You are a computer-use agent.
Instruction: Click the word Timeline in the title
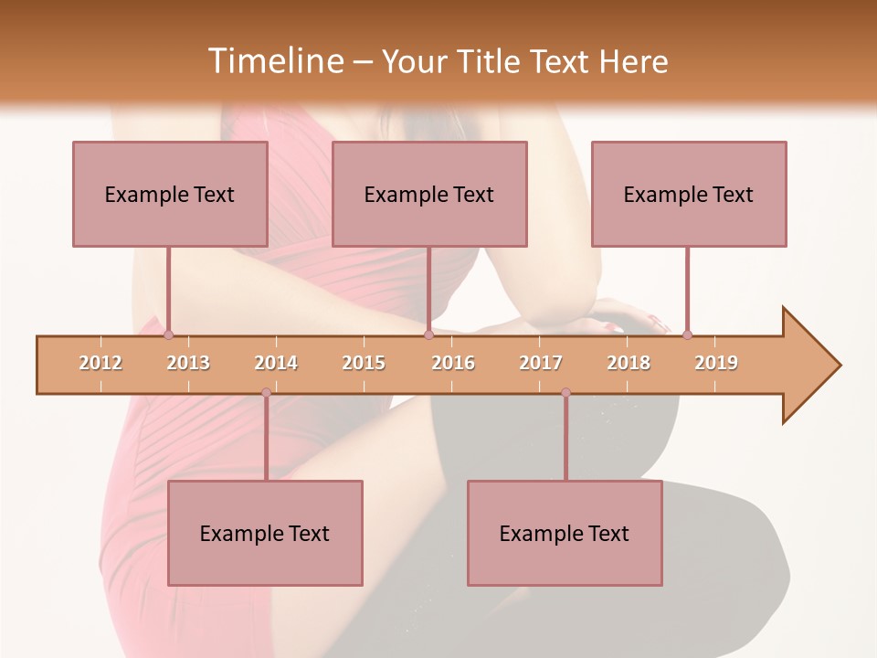click(274, 61)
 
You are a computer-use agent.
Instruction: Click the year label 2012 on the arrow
click(100, 363)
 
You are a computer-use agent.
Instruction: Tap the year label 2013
click(188, 363)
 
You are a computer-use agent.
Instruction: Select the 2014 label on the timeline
click(276, 363)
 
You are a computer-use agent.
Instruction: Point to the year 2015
click(364, 363)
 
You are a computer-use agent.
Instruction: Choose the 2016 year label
click(453, 363)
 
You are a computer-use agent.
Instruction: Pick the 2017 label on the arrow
click(541, 363)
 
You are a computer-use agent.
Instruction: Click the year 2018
click(629, 363)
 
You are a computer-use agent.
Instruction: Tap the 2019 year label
click(716, 363)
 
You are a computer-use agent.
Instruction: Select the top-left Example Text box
click(170, 194)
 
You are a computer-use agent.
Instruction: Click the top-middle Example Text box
click(429, 194)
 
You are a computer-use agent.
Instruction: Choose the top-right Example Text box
click(689, 194)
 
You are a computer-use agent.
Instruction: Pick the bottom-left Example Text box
click(265, 533)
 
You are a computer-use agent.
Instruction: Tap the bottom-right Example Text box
click(565, 533)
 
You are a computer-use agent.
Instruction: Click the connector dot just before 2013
click(168, 335)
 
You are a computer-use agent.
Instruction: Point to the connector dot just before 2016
click(428, 335)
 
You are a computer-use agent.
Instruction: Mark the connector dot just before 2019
click(687, 335)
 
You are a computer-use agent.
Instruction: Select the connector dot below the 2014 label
click(266, 393)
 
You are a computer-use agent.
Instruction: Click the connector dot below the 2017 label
click(565, 393)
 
